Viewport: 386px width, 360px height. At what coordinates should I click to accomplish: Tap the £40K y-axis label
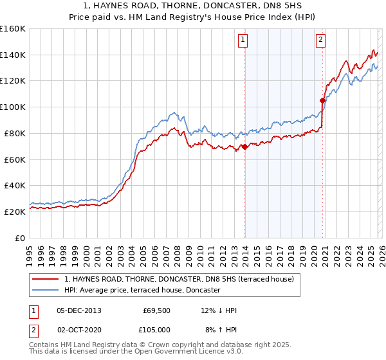tap(14, 185)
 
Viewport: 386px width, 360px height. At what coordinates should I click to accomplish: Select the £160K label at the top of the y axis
tap(13, 29)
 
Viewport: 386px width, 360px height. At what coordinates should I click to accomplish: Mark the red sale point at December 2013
tap(244, 147)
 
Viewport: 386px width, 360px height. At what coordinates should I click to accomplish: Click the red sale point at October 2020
tap(322, 100)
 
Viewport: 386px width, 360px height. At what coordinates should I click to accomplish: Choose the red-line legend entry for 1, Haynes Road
tap(179, 279)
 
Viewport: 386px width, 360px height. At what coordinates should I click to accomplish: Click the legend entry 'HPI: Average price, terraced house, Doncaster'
tap(142, 291)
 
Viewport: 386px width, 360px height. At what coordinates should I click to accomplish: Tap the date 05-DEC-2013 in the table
tap(79, 310)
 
